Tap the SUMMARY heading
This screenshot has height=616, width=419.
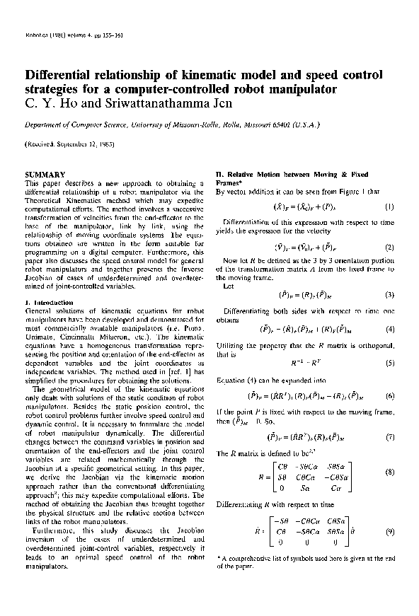point(45,174)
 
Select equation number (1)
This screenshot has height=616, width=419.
point(389,207)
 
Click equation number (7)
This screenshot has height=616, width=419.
point(389,437)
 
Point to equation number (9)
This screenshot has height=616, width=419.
point(389,530)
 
